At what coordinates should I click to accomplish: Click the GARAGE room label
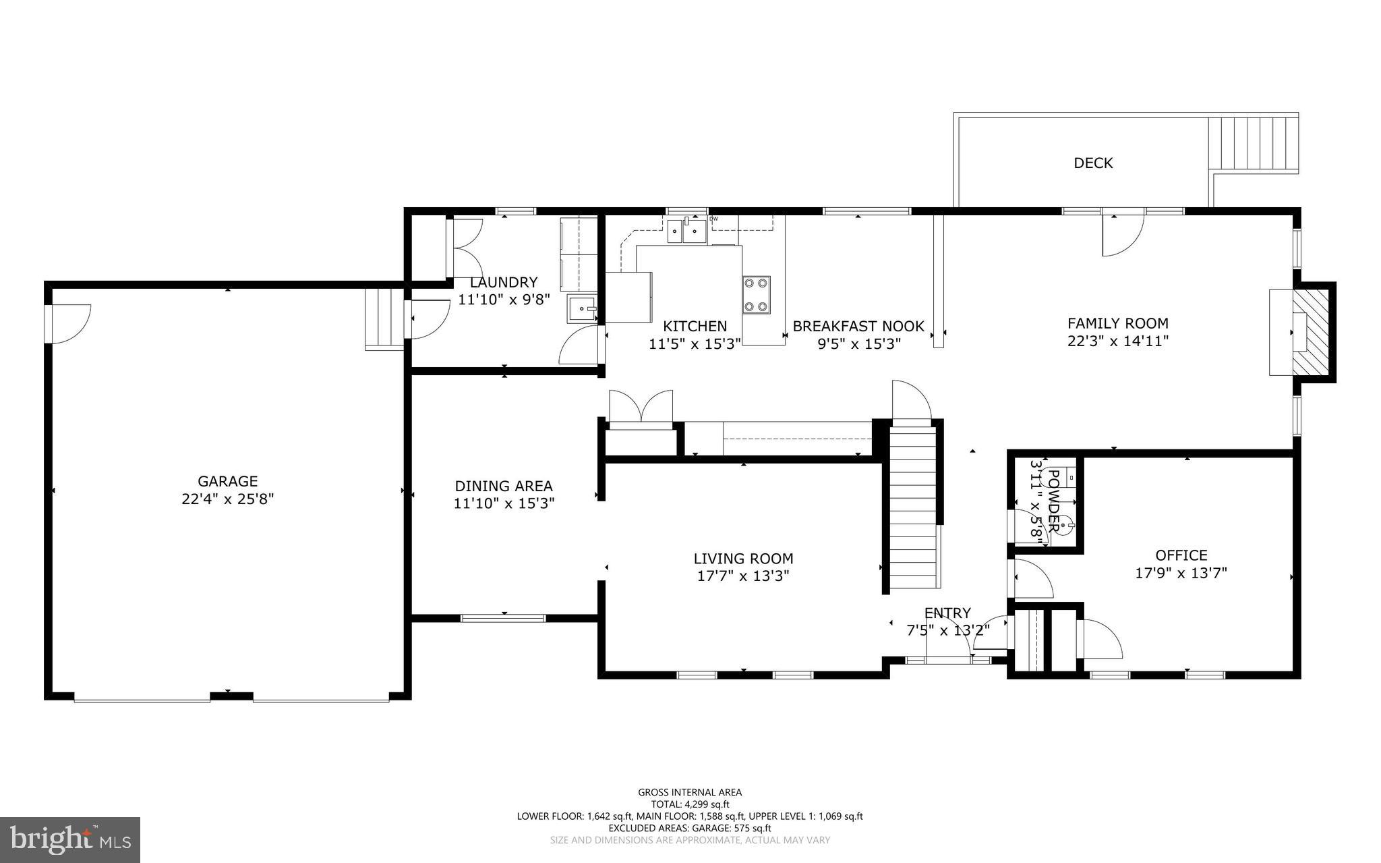click(227, 482)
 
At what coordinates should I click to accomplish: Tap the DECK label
click(1093, 163)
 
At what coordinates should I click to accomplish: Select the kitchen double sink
click(686, 231)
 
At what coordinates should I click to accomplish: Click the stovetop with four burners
click(756, 295)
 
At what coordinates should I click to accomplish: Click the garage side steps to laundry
click(384, 318)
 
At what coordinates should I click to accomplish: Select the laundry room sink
click(582, 310)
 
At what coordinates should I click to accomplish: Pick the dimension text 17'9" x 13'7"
click(1181, 574)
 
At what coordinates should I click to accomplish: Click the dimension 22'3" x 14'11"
click(1117, 341)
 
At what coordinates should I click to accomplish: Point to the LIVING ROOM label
click(743, 559)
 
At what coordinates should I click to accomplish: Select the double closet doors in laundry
click(465, 248)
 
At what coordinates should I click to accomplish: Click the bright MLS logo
click(70, 839)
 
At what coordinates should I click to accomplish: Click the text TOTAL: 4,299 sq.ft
click(689, 804)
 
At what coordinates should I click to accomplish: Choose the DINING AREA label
click(504, 486)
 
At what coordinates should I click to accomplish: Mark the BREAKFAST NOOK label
click(858, 327)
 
